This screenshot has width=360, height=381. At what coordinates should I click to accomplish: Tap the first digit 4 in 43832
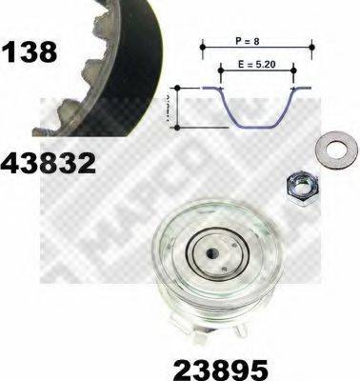click(10, 164)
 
